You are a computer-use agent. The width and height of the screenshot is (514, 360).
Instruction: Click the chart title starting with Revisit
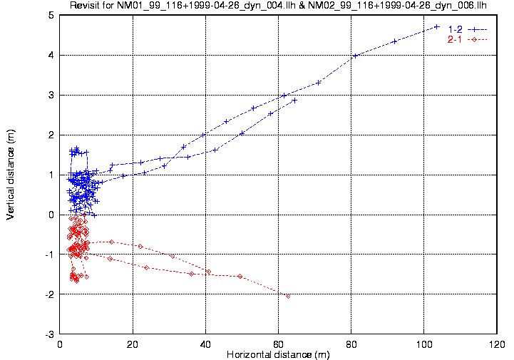pyautogui.click(x=278, y=6)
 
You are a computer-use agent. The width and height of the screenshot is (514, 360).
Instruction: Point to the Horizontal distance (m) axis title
pyautogui.click(x=277, y=354)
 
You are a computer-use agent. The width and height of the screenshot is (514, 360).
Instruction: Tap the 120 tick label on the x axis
pyautogui.click(x=496, y=344)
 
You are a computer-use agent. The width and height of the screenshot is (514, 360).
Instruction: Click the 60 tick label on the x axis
pyautogui.click(x=279, y=344)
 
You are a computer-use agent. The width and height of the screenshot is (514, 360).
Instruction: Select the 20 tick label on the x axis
pyautogui.click(x=133, y=344)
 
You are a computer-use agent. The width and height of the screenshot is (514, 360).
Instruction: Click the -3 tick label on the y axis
pyautogui.click(x=49, y=334)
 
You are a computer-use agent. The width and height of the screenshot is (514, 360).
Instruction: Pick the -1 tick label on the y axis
pyautogui.click(x=49, y=254)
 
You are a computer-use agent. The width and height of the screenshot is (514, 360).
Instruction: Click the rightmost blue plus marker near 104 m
pyautogui.click(x=437, y=27)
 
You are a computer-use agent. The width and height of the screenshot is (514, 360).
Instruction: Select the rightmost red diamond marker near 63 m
pyautogui.click(x=288, y=296)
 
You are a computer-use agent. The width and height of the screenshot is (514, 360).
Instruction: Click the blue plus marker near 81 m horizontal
pyautogui.click(x=354, y=56)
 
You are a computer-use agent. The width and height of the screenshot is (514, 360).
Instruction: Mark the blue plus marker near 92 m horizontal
pyautogui.click(x=394, y=41)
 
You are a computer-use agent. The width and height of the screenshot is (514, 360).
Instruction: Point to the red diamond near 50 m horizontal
pyautogui.click(x=240, y=276)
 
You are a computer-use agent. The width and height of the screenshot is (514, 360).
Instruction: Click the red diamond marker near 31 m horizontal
pyautogui.click(x=173, y=255)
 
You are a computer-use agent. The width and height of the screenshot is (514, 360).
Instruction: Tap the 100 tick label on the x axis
pyautogui.click(x=423, y=344)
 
